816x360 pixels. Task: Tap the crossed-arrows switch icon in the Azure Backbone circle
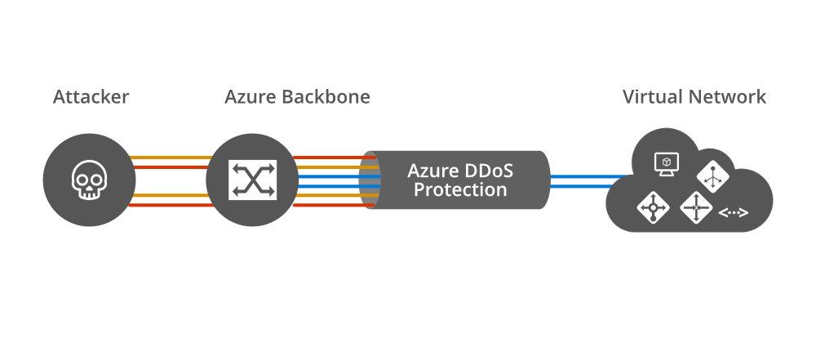(253, 180)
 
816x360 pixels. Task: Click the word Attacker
(91, 97)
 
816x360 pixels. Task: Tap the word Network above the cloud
(728, 97)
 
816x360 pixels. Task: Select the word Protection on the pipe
(459, 191)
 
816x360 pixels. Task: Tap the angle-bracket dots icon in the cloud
(733, 213)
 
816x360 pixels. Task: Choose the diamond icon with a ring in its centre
(653, 208)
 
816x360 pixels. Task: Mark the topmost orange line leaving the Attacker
(170, 158)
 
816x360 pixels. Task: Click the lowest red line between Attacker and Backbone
(170, 205)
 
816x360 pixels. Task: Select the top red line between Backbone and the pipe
(326, 158)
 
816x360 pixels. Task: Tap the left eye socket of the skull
(82, 176)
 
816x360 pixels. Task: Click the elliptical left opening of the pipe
(370, 180)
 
